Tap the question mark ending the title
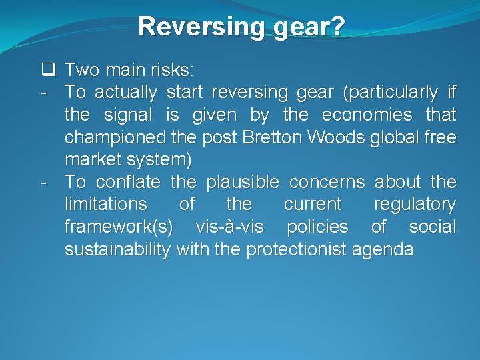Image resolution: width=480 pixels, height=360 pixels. coord(338,27)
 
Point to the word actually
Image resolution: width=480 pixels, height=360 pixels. coord(125,92)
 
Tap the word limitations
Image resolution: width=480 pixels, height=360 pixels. coord(105,204)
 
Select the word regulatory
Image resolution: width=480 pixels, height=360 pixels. coord(415,204)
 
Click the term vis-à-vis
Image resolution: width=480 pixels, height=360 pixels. coord(229,227)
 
